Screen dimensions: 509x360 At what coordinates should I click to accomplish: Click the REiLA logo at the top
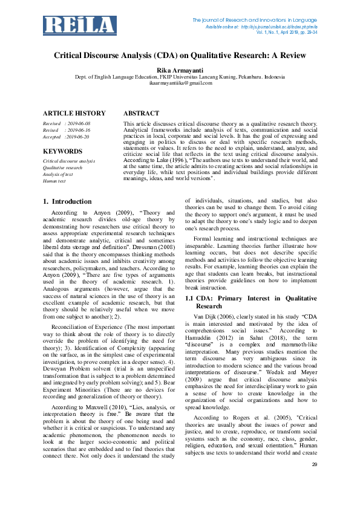click(x=80, y=25)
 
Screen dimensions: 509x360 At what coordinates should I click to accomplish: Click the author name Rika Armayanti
click(x=180, y=70)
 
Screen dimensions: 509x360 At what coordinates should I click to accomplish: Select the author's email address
click(x=180, y=83)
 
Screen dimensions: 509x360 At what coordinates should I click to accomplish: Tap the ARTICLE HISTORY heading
click(x=74, y=113)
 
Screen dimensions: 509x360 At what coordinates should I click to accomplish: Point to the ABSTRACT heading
click(x=142, y=113)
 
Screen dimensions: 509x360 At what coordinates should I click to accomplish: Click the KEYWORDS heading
click(x=63, y=151)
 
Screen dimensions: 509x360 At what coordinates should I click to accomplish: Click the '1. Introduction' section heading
click(x=68, y=201)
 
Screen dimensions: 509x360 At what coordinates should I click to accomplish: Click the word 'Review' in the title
click(x=292, y=56)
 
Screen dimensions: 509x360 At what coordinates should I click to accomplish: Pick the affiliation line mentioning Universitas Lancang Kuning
click(x=180, y=77)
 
